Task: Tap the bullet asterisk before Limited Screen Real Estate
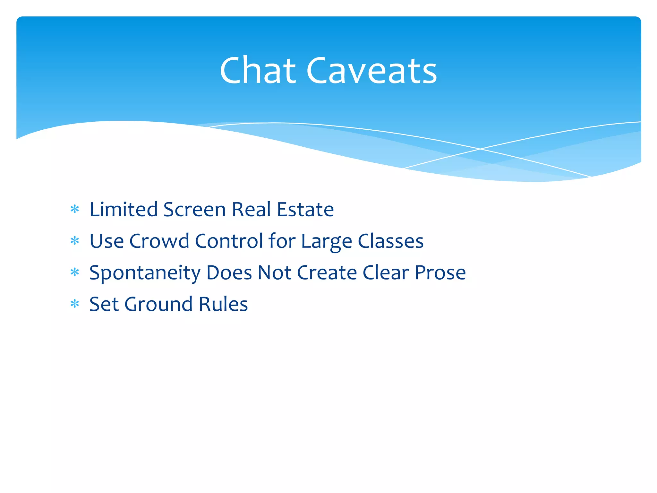click(75, 210)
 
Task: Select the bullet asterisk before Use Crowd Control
click(75, 241)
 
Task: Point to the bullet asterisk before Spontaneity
click(75, 272)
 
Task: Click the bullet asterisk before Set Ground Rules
click(75, 304)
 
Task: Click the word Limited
click(123, 210)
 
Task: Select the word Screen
click(194, 210)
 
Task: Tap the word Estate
click(305, 210)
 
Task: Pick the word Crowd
click(159, 241)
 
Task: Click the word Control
click(229, 241)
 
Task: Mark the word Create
click(327, 272)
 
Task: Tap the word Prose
click(440, 272)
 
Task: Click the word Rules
click(223, 304)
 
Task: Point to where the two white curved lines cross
click(480, 149)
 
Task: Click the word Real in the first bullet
click(252, 210)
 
